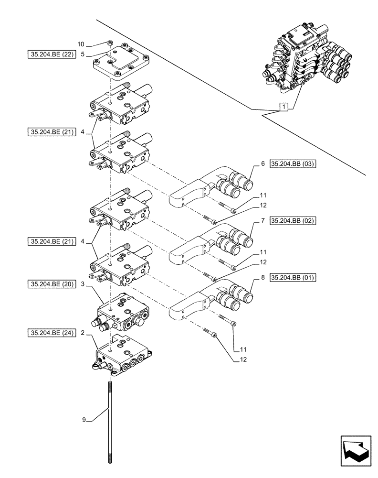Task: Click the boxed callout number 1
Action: click(x=284, y=107)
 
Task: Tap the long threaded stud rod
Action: click(x=110, y=421)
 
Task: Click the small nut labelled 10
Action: click(x=110, y=44)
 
